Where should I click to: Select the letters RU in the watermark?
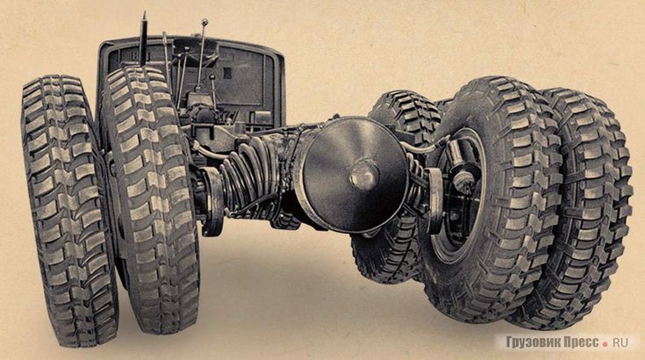(621, 342)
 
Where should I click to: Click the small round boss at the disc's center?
(363, 175)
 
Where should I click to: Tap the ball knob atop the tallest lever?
(204, 22)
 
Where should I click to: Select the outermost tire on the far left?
(68, 210)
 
